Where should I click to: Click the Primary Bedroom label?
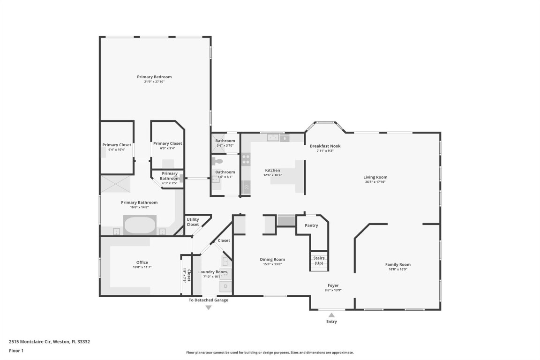coord(154,77)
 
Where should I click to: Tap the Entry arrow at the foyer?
coord(331,315)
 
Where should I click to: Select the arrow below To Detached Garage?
coord(209,307)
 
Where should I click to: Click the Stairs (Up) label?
coord(319,261)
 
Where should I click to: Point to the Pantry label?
coord(311,225)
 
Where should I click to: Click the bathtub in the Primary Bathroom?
coord(140,225)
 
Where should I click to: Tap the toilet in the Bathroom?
coord(217,161)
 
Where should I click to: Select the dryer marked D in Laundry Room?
coord(226,285)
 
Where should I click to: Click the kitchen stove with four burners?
coord(246,160)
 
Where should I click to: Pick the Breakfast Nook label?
coord(325,146)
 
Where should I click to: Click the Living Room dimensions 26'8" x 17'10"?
coord(375,182)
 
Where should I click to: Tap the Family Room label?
coord(397,264)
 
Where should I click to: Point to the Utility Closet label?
coord(193,222)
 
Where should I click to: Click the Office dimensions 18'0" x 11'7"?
coord(142,267)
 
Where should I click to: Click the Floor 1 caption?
coord(16,351)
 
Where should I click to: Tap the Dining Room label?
coord(272,259)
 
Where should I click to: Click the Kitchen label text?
coord(272,170)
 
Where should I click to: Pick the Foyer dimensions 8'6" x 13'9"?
coord(333,290)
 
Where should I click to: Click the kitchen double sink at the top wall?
coord(273,137)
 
